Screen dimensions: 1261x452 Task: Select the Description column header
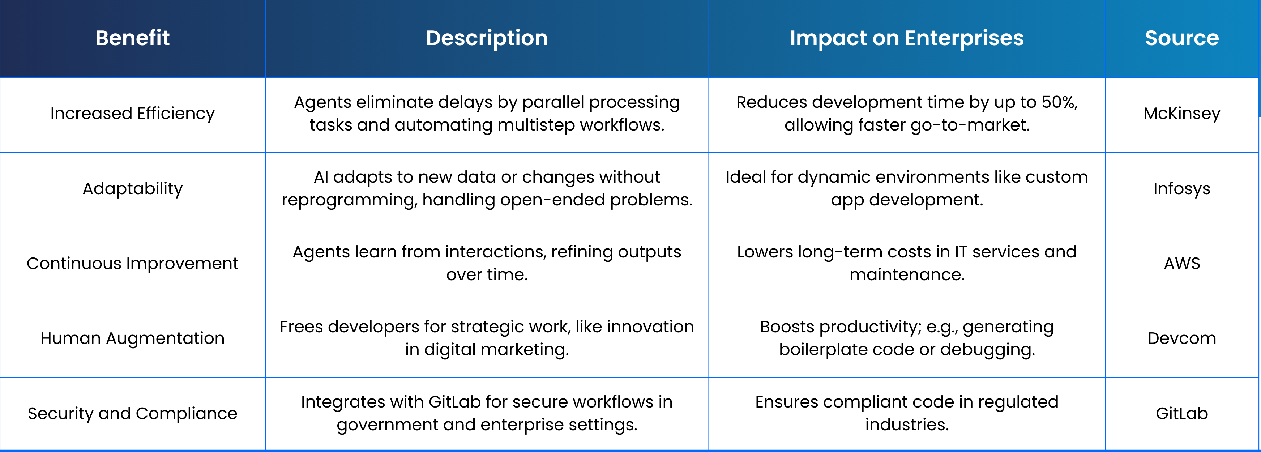coord(487,38)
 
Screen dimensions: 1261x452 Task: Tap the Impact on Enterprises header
coord(907,38)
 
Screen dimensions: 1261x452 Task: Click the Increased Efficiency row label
coord(132,114)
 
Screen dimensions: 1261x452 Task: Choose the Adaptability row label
coord(132,188)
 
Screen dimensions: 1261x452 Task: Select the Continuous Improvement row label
coord(132,264)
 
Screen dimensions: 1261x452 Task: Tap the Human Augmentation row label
coord(132,338)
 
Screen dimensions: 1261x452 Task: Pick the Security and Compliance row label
coord(132,413)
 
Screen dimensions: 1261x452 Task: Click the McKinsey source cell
coord(1182,114)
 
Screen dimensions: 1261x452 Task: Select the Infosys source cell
coord(1182,188)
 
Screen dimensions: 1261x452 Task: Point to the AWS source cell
coord(1182,264)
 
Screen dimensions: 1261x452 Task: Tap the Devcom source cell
coord(1182,338)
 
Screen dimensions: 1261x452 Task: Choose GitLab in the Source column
coord(1182,413)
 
